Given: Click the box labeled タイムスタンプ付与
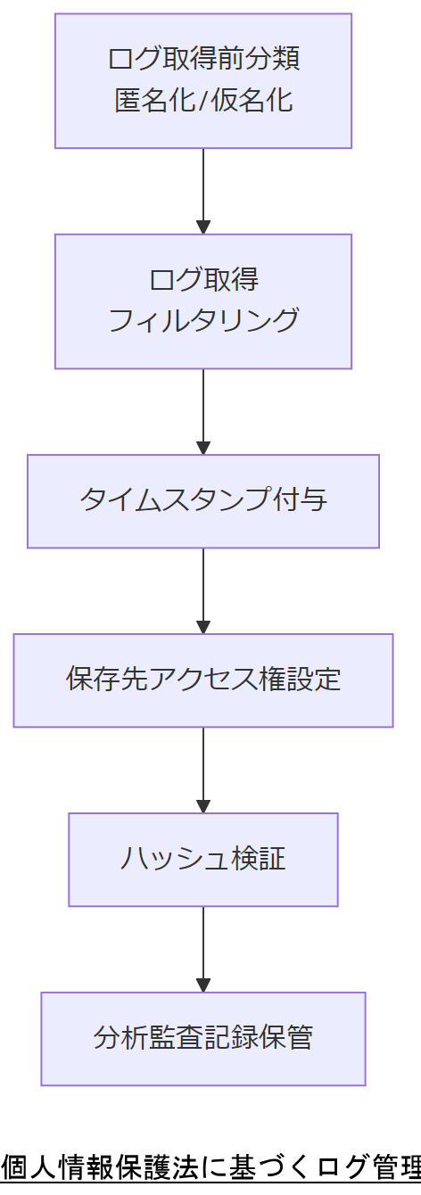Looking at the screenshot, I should click(203, 501).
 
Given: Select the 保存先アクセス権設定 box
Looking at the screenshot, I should click(203, 680).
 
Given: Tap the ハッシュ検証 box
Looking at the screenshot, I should click(203, 860).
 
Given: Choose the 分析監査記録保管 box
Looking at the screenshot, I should click(203, 1039).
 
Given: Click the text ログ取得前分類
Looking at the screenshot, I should click(203, 60).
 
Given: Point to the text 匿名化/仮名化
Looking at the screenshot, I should click(203, 100).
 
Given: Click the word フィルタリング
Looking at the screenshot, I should click(203, 320).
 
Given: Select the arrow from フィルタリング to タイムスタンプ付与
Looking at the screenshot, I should click(203, 411).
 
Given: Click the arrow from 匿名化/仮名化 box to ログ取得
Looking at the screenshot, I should click(203, 191).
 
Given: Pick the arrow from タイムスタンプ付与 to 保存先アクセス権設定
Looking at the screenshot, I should click(203, 590).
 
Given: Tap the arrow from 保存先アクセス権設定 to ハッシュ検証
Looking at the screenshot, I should click(203, 770).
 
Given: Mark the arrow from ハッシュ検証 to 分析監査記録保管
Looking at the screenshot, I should click(203, 949).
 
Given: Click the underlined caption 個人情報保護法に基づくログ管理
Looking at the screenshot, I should click(210, 1167).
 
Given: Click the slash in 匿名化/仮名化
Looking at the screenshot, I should click(202, 100).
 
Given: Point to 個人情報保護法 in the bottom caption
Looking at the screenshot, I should click(94, 1167).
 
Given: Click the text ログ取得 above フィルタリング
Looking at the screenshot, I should click(203, 280).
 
